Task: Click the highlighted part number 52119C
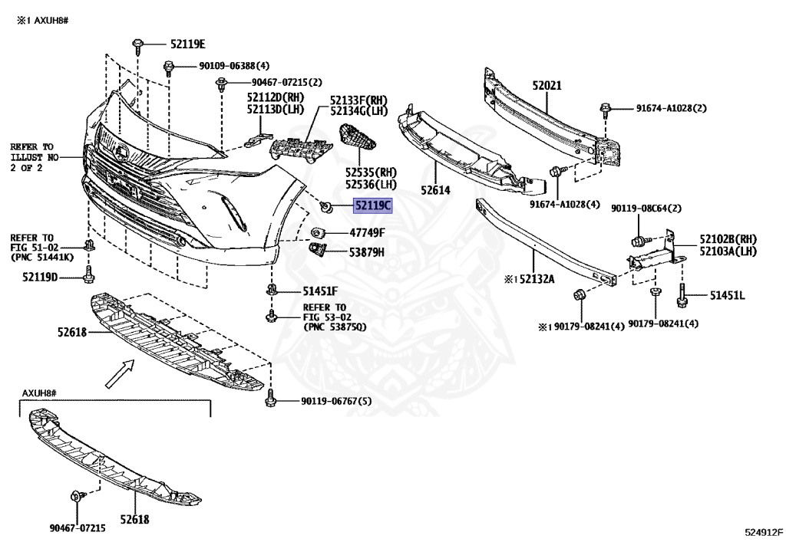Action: (372, 205)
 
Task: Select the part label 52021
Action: (547, 87)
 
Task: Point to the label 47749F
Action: (367, 232)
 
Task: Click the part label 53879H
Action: (367, 251)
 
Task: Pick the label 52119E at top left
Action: (188, 44)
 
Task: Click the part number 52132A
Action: (529, 281)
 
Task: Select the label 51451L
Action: (727, 295)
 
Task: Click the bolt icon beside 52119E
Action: (137, 45)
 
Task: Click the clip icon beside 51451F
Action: (272, 291)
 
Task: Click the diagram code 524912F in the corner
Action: (763, 531)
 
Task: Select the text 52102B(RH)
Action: (726, 239)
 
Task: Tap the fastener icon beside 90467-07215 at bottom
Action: (76, 497)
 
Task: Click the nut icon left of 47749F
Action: (316, 232)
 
